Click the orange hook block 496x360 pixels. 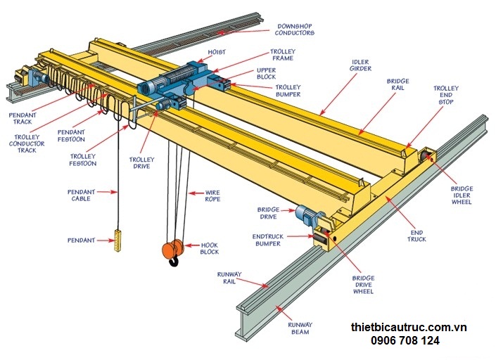coord(172,250)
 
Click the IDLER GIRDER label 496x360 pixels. coord(360,65)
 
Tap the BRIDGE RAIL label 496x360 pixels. coord(398,85)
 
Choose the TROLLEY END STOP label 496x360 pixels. coord(445,96)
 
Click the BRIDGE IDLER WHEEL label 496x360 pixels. coord(462,195)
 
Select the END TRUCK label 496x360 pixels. coord(416,236)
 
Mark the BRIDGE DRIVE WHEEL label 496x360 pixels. coord(363,284)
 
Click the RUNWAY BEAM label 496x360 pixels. coord(300,328)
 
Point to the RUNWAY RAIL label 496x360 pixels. coord(229,278)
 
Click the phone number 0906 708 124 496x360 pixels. coord(406,341)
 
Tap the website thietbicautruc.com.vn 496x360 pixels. coord(409,328)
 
